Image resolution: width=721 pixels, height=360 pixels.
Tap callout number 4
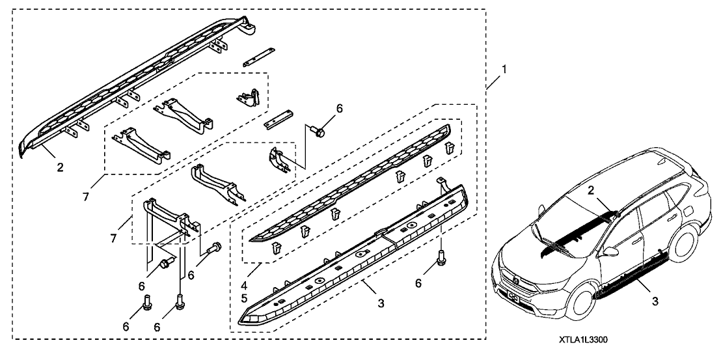coord(243,284)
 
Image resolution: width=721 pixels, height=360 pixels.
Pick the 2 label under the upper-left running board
coord(60,168)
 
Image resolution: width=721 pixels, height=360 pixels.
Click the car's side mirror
coord(611,251)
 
